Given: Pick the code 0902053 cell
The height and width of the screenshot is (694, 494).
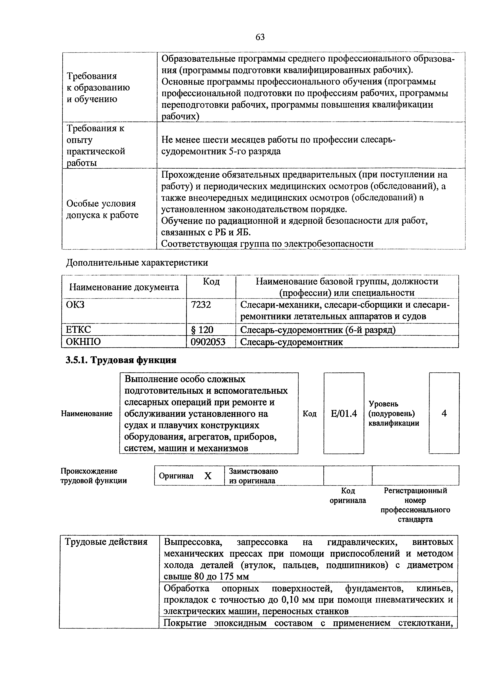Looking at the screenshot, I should pos(208,342).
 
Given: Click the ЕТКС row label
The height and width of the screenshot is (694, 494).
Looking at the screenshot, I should pos(79,330).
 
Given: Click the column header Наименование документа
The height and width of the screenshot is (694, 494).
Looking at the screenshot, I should pos(124,287).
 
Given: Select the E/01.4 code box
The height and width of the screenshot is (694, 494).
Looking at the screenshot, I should pos(344,413).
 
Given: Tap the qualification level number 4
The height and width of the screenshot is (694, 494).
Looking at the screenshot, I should pos(444,413).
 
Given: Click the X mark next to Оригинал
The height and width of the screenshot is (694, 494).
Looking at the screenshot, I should pos(208,476).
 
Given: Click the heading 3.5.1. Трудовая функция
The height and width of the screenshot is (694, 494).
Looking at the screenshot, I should pos(121,360).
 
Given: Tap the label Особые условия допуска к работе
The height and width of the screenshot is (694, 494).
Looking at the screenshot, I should pos(102,209).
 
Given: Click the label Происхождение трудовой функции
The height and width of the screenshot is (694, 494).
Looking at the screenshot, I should pos(94,476).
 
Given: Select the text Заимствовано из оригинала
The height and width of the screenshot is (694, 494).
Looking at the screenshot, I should pos(253,476).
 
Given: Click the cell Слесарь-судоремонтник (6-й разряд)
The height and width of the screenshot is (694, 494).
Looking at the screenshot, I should pos(318,330).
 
